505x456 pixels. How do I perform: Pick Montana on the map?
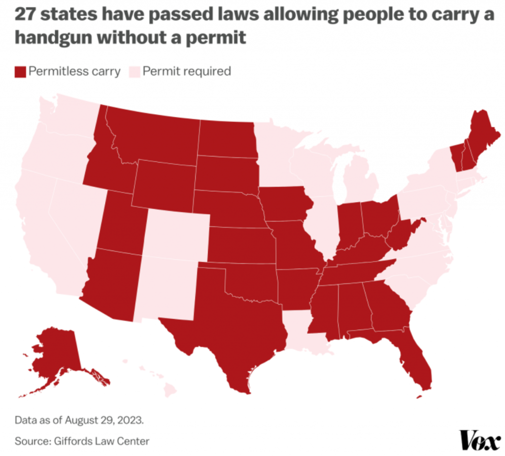pos(153,133)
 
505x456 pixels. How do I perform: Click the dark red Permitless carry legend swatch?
pos(20,71)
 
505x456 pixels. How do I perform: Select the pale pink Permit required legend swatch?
pos(135,71)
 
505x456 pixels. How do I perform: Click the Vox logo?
pos(480,440)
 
